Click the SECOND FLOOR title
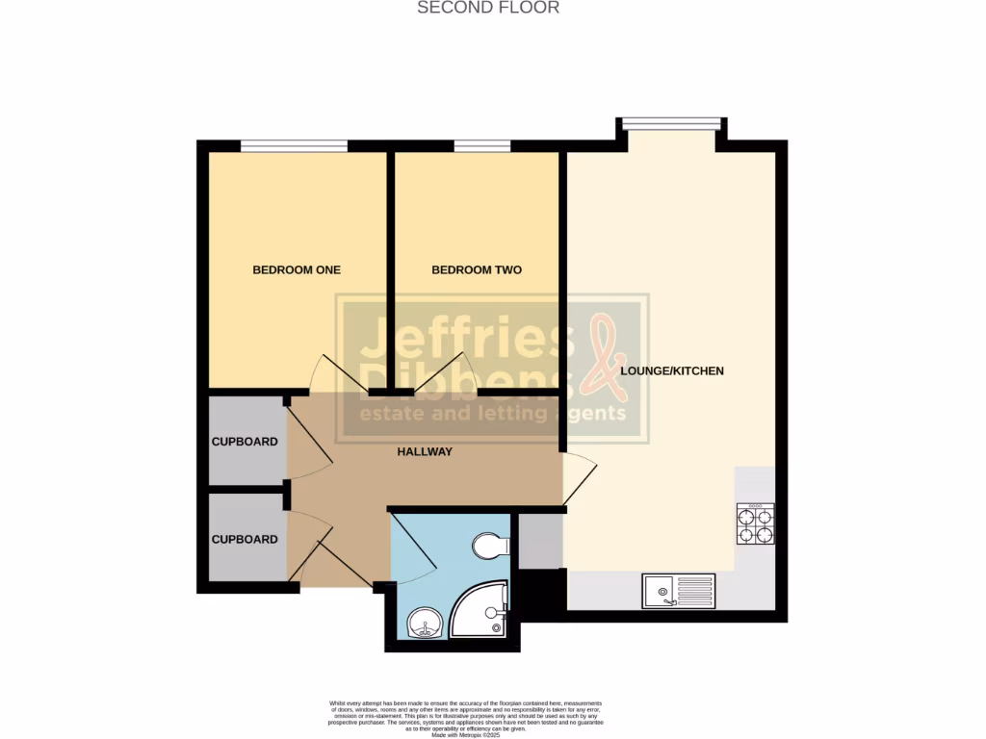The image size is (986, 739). coord(487,8)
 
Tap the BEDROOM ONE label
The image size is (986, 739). coord(297,270)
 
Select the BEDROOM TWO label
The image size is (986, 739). coord(477,270)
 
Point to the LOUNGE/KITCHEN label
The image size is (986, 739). coord(672,370)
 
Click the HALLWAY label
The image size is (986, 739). coord(425,451)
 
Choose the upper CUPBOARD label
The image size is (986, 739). coord(245,443)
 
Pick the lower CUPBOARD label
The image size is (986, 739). coord(245,540)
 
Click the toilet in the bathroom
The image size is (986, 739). coord(491,546)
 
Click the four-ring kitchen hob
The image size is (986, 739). coord(755,523)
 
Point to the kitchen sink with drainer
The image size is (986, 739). coord(679,590)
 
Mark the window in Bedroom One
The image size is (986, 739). coord(294,146)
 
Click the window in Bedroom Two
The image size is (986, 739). coord(482,146)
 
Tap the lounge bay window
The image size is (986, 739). coord(671,122)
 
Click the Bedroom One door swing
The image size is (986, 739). coord(332,375)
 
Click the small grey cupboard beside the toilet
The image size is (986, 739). coord(540,541)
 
